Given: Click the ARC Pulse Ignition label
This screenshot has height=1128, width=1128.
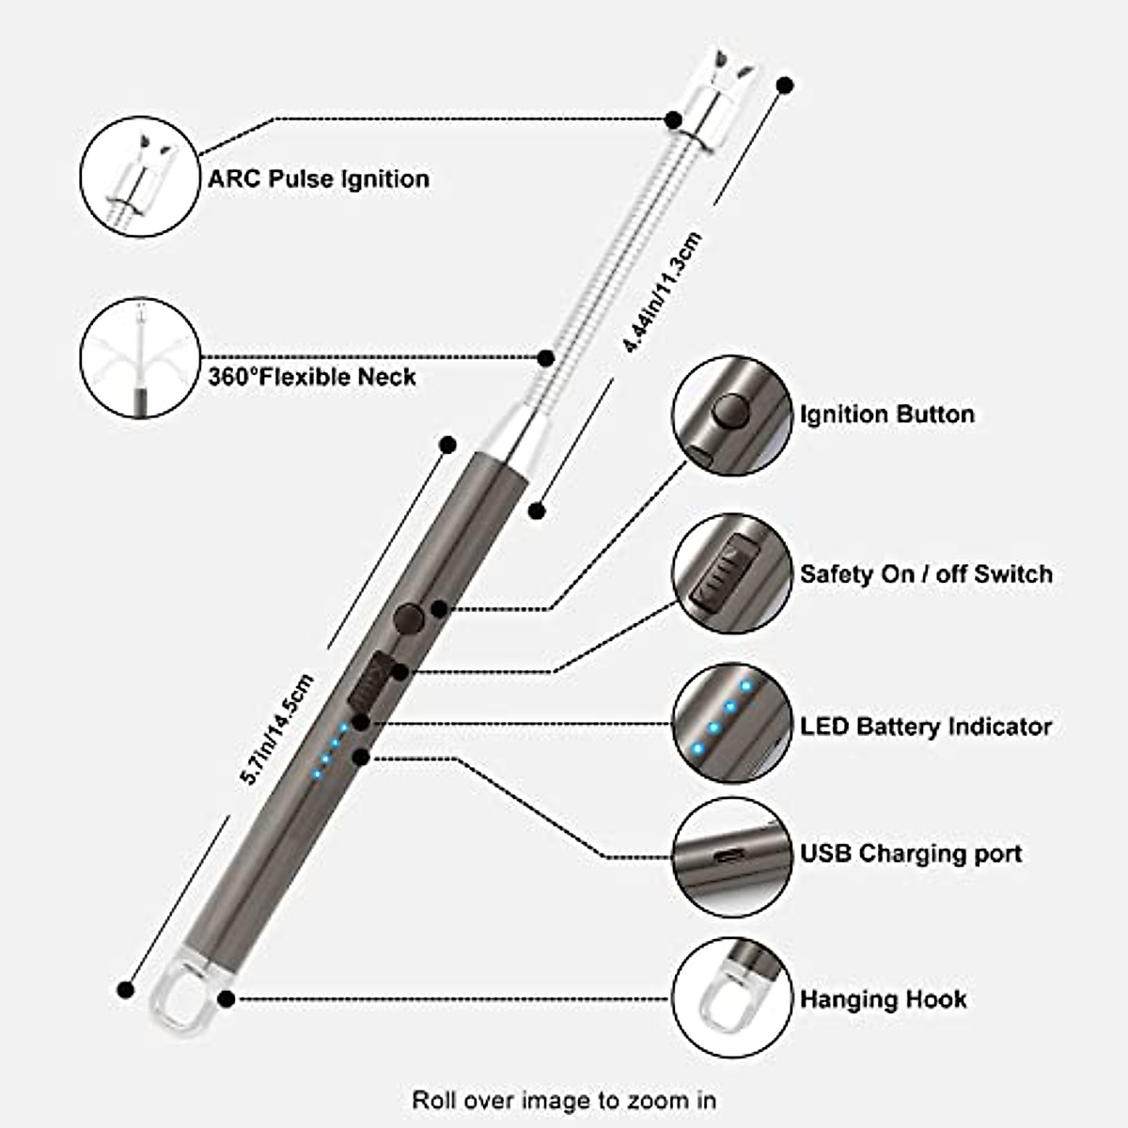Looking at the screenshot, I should tap(319, 179).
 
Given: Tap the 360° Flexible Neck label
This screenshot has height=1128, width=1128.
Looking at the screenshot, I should tap(311, 377).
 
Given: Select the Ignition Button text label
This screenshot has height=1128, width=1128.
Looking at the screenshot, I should tap(886, 415).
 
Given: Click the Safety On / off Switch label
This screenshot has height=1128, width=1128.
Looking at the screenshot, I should tap(926, 574).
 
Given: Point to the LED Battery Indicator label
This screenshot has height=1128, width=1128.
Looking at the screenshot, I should tap(926, 727).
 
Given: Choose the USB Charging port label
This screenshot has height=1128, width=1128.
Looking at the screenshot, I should tap(911, 854).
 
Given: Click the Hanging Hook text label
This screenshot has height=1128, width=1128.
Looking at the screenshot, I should tap(883, 998).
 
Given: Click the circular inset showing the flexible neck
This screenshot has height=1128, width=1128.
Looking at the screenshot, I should tap(140, 358).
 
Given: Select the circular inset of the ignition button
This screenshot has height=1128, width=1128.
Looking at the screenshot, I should tap(730, 415).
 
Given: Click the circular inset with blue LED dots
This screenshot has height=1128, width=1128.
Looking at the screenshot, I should tap(730, 725).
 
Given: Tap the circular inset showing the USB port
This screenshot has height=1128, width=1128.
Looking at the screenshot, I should tap(730, 856).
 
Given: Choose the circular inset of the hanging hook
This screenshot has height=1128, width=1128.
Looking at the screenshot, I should tap(730, 997).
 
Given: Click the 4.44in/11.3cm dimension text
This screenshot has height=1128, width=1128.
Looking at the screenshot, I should tap(664, 292).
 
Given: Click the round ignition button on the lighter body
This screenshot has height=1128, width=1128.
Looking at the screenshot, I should tap(408, 619).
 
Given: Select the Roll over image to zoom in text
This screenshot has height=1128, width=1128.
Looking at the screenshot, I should tap(564, 1099).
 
